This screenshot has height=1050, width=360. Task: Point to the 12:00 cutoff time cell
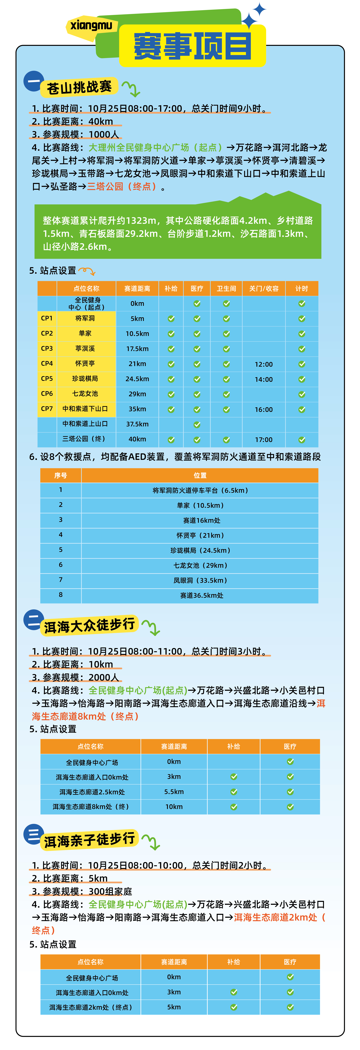coord(263,364)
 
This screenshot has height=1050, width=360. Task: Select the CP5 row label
coord(47,379)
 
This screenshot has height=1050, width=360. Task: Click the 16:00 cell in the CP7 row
coord(263,409)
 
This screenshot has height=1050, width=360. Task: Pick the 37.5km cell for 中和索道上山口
coord(137,424)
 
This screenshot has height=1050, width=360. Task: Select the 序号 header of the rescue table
coord(61,475)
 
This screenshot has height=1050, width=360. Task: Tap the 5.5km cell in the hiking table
coord(174,792)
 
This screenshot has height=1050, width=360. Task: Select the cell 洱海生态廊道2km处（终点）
coord(90,1007)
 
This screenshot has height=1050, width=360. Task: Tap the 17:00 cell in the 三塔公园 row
coord(263,439)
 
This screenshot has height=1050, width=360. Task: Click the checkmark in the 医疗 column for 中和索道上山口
coord(197,424)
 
